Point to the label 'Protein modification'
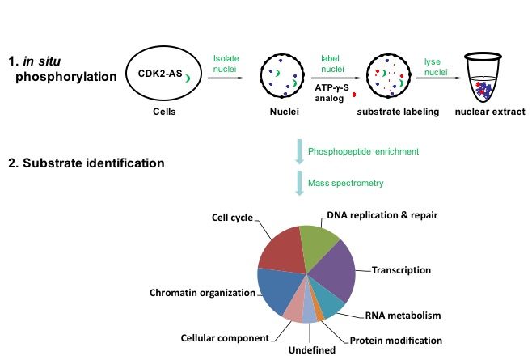click(x=397, y=340)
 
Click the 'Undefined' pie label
click(x=307, y=350)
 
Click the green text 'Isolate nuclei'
click(x=226, y=64)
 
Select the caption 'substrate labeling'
click(x=399, y=112)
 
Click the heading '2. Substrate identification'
click(x=87, y=163)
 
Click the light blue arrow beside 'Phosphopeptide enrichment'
click(x=299, y=150)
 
